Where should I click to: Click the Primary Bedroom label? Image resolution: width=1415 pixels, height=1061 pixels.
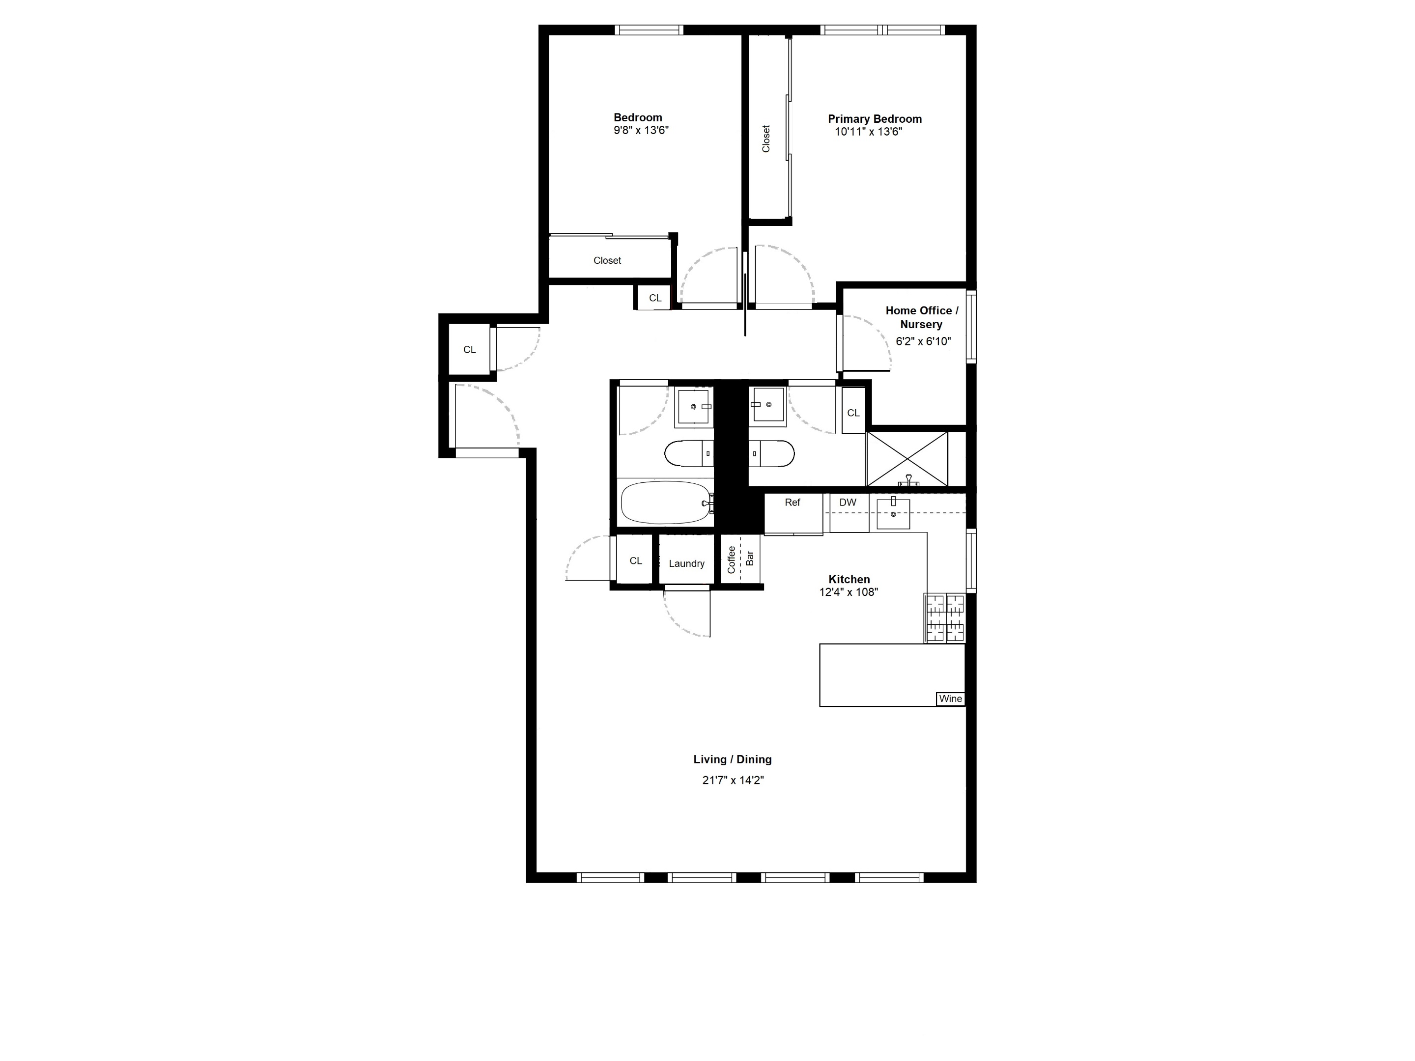[875, 119]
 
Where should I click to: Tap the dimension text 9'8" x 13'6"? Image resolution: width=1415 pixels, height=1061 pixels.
[641, 131]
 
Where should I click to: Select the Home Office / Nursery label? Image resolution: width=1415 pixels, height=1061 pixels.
[921, 317]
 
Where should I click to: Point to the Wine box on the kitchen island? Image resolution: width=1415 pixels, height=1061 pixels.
[950, 699]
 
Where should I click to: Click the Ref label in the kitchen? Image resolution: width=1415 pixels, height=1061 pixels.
[792, 503]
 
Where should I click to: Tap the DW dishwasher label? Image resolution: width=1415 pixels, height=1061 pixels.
[848, 503]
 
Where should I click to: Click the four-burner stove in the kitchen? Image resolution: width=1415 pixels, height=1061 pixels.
[944, 618]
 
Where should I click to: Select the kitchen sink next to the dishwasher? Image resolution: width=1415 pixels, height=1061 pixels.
[893, 513]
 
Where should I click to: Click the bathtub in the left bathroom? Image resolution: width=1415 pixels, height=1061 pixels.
[665, 503]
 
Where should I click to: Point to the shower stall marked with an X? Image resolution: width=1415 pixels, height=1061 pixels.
[907, 459]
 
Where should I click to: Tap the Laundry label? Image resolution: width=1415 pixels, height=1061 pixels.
[686, 563]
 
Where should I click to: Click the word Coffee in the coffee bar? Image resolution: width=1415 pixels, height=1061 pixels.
[731, 559]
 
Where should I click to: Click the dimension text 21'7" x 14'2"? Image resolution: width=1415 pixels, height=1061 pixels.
[733, 780]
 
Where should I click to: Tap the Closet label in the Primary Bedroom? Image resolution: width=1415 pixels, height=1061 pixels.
[765, 139]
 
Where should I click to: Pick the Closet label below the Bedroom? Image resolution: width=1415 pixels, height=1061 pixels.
[607, 261]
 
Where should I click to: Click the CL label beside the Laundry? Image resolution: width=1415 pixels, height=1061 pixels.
[635, 561]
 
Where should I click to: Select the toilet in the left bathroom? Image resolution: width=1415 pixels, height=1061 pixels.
[688, 453]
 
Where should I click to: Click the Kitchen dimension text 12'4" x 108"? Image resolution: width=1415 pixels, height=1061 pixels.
[848, 592]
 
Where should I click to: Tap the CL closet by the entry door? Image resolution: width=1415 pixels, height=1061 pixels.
[470, 350]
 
